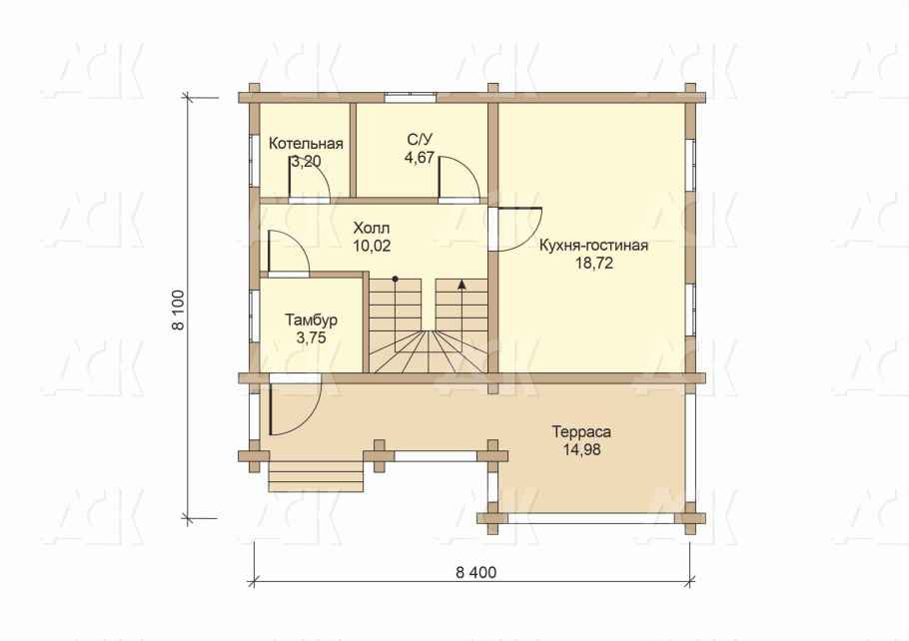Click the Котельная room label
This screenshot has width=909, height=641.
coord(306,144)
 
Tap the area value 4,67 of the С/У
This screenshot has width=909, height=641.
coord(420,158)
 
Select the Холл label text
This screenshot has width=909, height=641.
coord(372,228)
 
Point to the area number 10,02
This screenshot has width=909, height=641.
coord(372,246)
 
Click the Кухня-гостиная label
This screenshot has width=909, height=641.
coord(593,246)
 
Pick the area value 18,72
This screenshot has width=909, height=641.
coord(594,264)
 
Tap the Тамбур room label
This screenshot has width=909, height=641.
coord(311,320)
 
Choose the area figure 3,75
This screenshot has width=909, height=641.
coord(311,338)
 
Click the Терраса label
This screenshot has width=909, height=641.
coord(581,431)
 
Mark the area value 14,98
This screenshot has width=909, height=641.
coord(581,449)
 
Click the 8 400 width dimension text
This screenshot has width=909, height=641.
coord(475,573)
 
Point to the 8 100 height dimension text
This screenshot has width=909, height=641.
coord(179,310)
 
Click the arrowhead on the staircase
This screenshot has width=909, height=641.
coord(461,284)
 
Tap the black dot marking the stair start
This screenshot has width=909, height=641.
coord(395,279)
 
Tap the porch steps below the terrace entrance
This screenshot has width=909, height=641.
coord(316,475)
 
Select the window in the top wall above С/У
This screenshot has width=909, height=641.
coord(410,98)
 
